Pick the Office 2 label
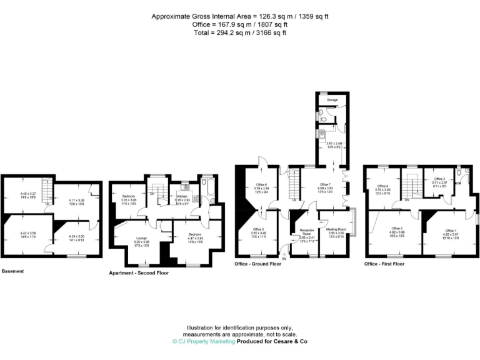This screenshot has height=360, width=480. (439, 179)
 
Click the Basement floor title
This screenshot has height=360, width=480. (14, 271)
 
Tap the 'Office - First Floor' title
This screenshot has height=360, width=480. (384, 264)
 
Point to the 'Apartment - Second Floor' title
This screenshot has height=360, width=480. (139, 272)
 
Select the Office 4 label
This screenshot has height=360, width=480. (382, 186)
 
